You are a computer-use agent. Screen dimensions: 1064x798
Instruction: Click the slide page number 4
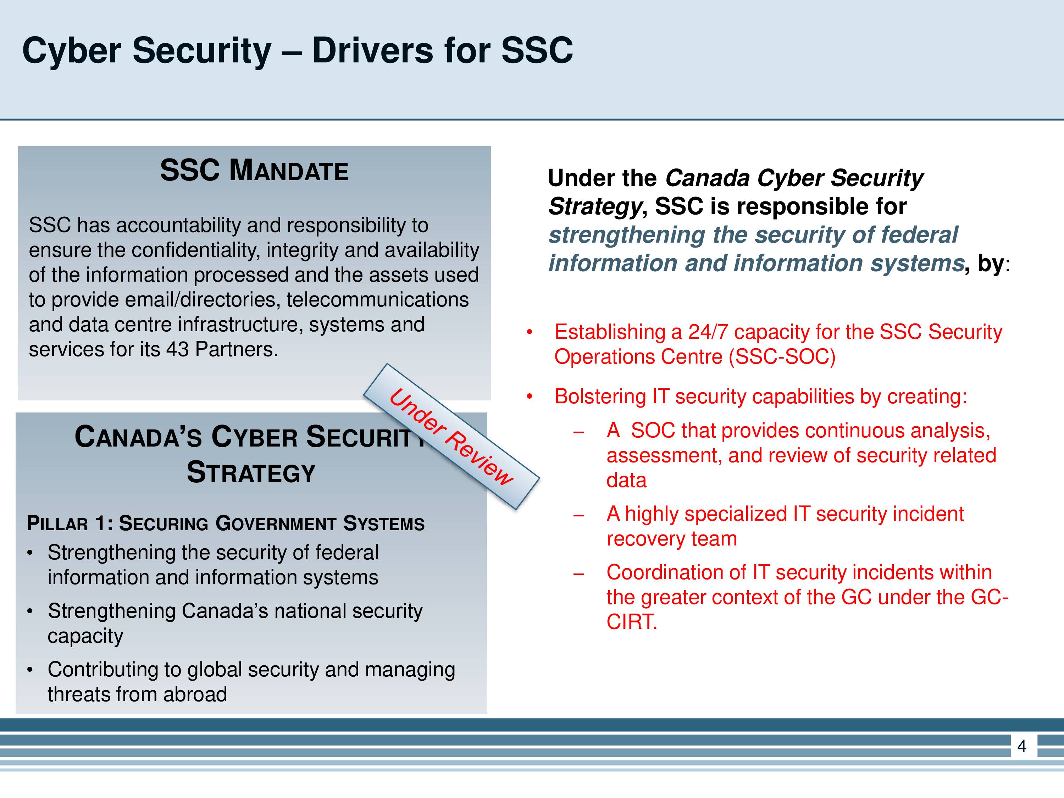(x=1022, y=746)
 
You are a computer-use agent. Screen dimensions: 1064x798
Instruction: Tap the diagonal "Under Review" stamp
(x=451, y=436)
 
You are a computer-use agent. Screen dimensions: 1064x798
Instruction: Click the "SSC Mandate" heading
(x=254, y=170)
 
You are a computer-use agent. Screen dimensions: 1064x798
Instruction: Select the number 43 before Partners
(x=177, y=349)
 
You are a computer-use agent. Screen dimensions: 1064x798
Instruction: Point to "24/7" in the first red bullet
(x=708, y=332)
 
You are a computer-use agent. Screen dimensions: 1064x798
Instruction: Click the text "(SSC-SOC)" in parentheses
(x=782, y=357)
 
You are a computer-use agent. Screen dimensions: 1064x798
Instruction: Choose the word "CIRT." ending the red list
(x=632, y=622)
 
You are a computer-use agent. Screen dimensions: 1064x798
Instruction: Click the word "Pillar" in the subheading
(x=57, y=523)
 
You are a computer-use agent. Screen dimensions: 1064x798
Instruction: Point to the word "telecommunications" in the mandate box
(x=378, y=300)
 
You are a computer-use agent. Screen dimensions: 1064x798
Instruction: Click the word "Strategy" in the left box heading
(x=251, y=472)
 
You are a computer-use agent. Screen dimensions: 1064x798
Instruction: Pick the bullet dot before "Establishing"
(x=530, y=332)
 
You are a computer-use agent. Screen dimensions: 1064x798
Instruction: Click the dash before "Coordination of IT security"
(x=579, y=574)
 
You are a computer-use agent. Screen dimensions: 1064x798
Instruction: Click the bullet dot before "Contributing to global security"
(x=30, y=670)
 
